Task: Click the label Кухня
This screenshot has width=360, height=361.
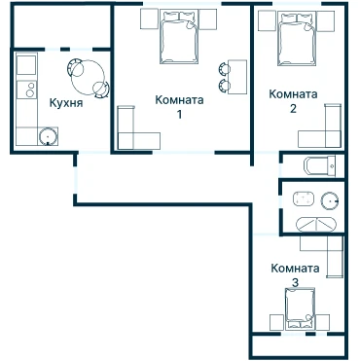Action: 66,103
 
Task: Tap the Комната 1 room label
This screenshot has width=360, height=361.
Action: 179,106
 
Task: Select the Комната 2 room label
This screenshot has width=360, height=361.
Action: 293,101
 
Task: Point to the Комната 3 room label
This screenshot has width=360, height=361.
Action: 295,275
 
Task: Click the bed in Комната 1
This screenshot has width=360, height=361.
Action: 179,36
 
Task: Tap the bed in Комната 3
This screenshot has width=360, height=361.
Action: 300,308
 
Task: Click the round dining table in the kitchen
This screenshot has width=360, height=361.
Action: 88,78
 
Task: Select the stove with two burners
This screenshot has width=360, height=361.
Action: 27,90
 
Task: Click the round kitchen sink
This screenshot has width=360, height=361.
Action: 48,136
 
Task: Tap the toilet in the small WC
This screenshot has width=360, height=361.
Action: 319,166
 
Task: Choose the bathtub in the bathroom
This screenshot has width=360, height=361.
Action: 316,225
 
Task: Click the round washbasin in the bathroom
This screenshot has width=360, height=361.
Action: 330,201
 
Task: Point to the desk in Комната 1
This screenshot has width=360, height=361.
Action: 237,77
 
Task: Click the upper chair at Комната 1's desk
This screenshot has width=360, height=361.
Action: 225,68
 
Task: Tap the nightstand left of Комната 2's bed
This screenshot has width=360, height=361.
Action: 267,21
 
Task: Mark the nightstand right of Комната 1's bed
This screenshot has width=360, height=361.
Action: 207,19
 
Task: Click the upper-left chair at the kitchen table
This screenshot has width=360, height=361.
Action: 75,67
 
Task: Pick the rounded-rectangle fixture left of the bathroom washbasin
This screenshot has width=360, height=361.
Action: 304,199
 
